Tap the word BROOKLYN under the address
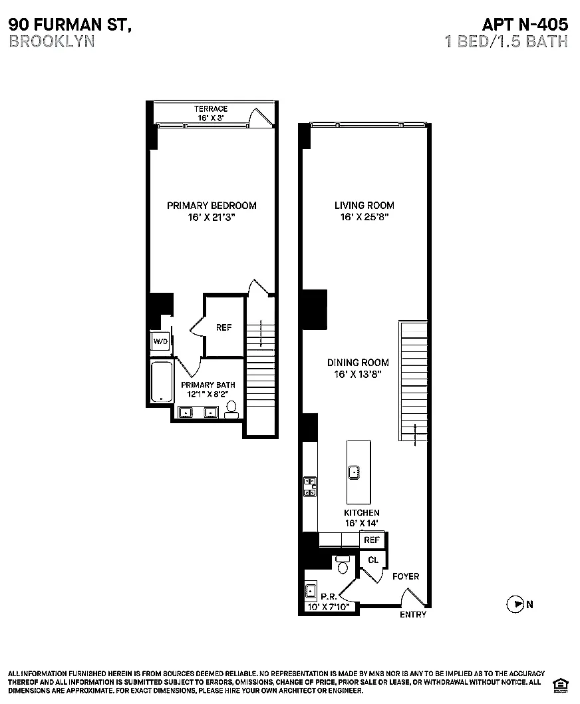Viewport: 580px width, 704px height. click(x=51, y=41)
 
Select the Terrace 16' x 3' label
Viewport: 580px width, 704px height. click(x=211, y=113)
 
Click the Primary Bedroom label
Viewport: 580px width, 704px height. click(x=212, y=206)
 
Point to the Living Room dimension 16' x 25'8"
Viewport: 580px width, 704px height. click(x=364, y=218)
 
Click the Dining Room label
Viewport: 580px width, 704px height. click(x=358, y=363)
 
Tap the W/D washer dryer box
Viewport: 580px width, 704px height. click(x=160, y=341)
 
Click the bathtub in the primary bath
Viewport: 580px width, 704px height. click(x=161, y=381)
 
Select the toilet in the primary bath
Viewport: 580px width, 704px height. click(x=231, y=409)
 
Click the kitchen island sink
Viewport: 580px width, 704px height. click(x=355, y=472)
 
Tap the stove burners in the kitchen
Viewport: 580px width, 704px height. click(x=309, y=488)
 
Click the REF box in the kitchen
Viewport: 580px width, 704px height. click(x=372, y=540)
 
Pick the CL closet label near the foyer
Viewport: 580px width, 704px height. click(x=372, y=560)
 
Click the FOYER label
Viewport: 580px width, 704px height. click(x=406, y=576)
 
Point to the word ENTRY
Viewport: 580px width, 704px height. click(x=413, y=615)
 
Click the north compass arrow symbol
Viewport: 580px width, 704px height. click(x=515, y=605)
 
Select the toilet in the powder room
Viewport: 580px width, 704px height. click(x=343, y=564)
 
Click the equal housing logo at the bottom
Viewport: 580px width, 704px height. click(x=560, y=683)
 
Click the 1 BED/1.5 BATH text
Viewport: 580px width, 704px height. click(x=506, y=41)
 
